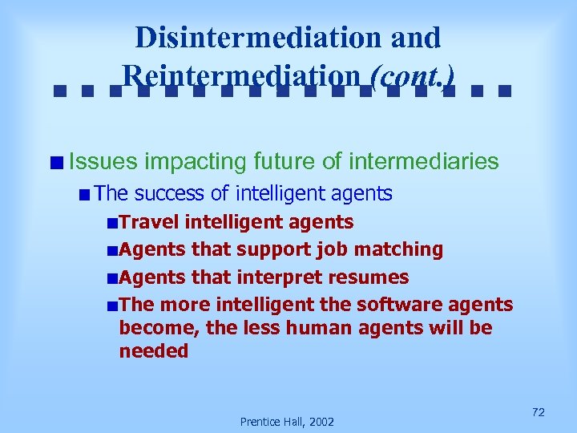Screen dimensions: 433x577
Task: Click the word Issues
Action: pos(103,162)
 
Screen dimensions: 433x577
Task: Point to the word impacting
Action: pos(196,162)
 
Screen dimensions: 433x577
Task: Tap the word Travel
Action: pos(149,222)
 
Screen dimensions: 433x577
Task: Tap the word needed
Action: pos(153,351)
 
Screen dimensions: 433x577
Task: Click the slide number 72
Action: pos(539,412)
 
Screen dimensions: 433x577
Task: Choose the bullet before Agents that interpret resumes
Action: pos(112,278)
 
